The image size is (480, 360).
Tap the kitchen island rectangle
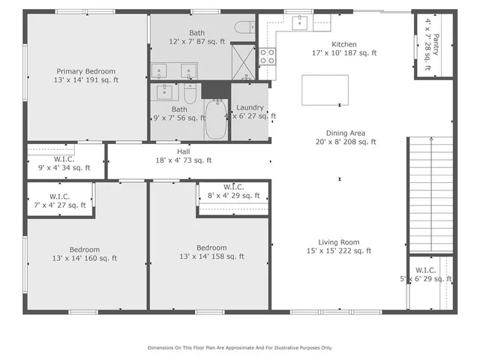[325, 91]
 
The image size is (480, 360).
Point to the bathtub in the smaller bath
[216, 120]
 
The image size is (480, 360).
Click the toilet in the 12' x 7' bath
[244, 28]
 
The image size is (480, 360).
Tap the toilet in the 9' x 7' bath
[190, 95]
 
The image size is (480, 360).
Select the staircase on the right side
[430, 195]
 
